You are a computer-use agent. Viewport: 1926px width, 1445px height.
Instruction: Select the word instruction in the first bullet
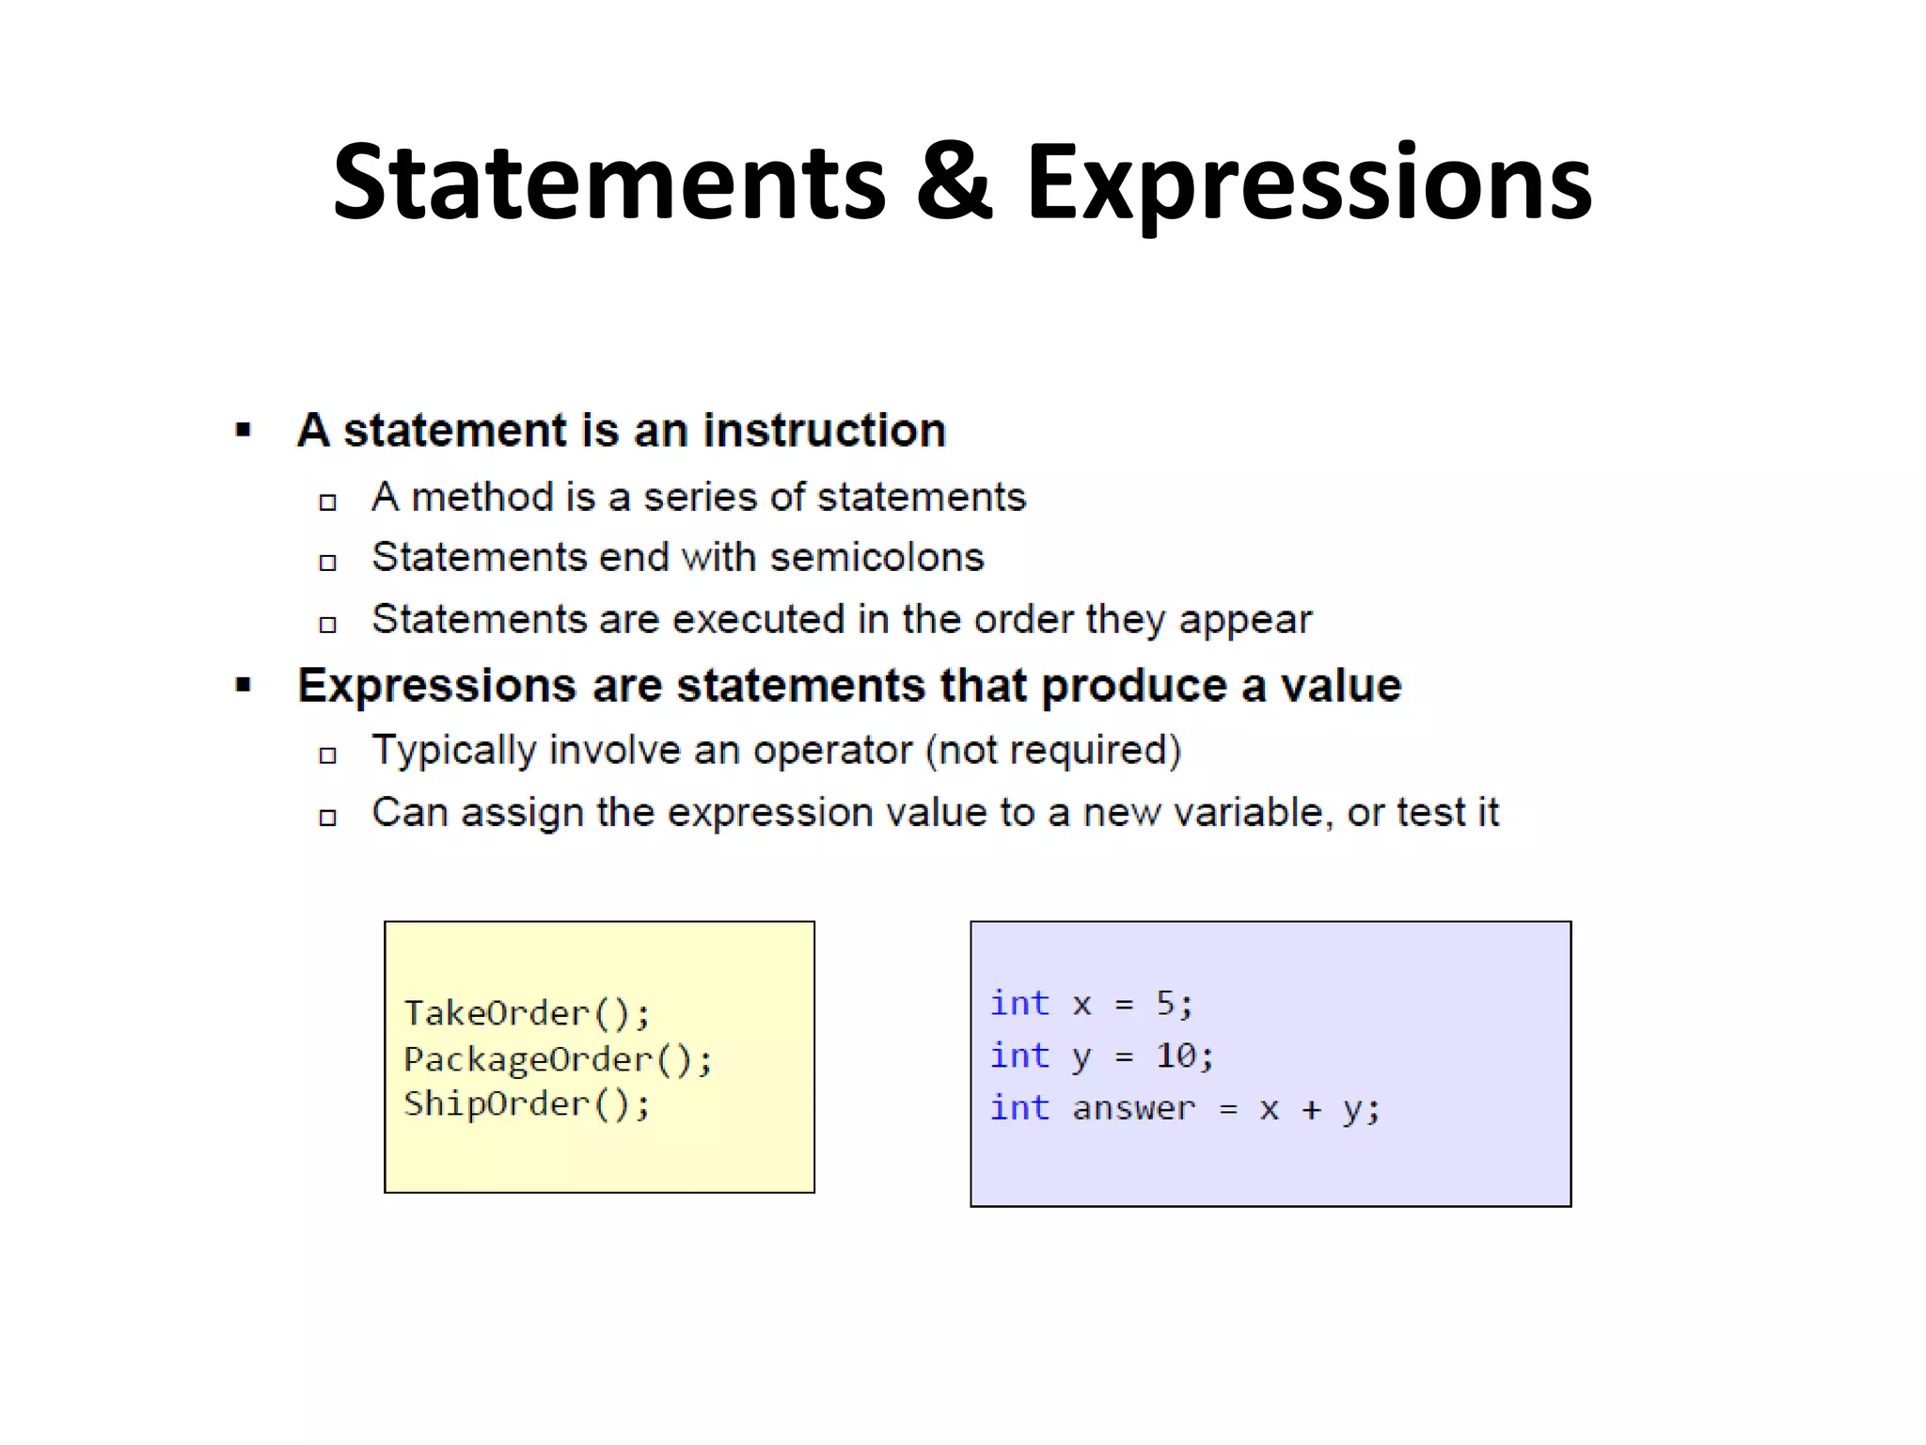click(824, 431)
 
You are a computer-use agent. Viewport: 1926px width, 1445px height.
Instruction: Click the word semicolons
click(876, 557)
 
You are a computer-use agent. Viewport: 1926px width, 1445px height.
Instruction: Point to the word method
click(482, 497)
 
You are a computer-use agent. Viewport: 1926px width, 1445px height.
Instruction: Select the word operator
click(832, 751)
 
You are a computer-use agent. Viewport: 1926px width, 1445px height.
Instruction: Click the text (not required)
click(1053, 751)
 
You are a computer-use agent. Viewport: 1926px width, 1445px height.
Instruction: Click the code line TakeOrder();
click(527, 1013)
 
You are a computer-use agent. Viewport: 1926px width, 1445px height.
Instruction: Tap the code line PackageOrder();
click(558, 1059)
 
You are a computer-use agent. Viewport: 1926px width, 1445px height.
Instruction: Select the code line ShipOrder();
click(527, 1104)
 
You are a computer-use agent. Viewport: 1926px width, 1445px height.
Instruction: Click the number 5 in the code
click(1166, 1003)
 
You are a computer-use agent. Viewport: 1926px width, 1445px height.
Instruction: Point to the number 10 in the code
click(1176, 1056)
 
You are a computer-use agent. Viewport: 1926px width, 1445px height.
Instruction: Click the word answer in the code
click(1133, 1108)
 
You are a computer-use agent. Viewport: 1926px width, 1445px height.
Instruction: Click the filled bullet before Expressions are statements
click(244, 685)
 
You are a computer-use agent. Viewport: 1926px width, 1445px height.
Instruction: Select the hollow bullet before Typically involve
click(327, 754)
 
